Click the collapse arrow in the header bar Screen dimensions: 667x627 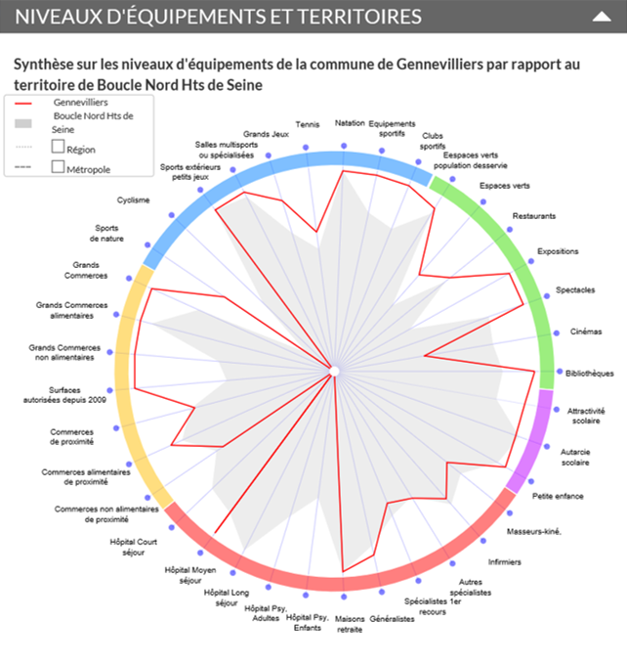tap(602, 17)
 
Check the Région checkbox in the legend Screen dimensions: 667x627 tap(58, 147)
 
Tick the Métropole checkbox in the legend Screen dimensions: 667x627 tap(58, 167)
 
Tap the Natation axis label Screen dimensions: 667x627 tap(350, 124)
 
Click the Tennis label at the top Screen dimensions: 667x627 tap(307, 125)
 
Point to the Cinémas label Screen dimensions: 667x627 tap(586, 332)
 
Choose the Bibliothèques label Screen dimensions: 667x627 tap(590, 373)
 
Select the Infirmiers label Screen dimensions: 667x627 tap(504, 562)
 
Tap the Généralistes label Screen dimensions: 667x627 tap(393, 618)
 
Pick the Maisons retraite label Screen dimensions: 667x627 tap(349, 624)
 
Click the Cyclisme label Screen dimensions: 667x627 tap(133, 200)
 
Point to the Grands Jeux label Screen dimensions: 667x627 tap(266, 134)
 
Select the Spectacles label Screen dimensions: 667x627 tap(575, 290)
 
